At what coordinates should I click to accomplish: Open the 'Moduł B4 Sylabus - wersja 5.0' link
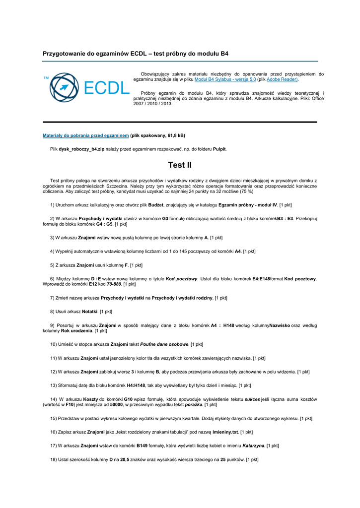coord(225,79)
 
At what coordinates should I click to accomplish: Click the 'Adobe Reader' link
coord(282,79)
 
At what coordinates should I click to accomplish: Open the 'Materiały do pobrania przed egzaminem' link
coord(86,135)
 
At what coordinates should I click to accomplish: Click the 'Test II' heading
coord(180,165)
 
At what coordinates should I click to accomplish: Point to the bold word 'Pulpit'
coord(219,149)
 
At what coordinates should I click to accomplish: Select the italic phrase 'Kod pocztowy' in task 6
coord(181,279)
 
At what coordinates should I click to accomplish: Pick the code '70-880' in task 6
coord(114,284)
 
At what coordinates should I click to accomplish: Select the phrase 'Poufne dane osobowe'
coord(164,344)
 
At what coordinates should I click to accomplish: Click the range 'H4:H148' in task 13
coord(136,385)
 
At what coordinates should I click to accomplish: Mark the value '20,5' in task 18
coord(126,460)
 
